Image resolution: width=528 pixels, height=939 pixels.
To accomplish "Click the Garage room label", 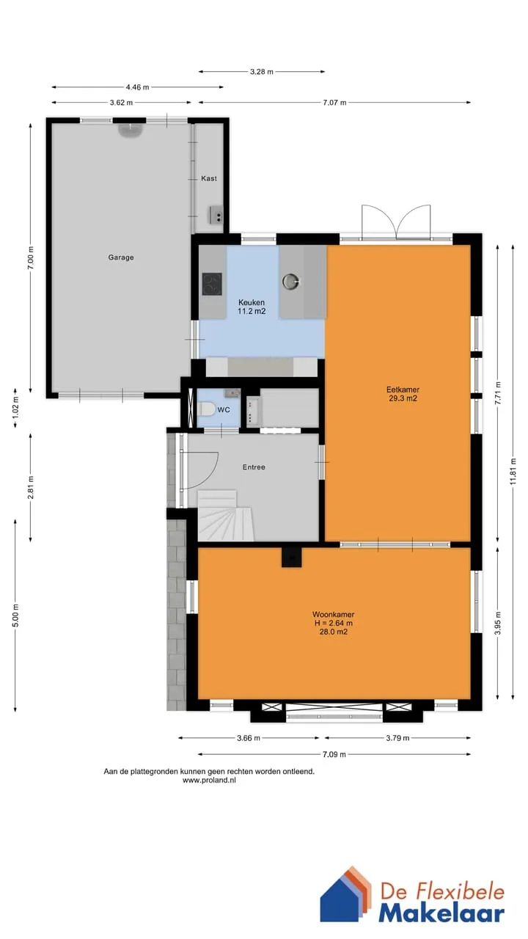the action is [x=121, y=257].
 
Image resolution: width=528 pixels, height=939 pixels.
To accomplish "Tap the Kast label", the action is [x=209, y=178].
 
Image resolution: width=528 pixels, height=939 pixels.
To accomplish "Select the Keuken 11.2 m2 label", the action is [x=252, y=307].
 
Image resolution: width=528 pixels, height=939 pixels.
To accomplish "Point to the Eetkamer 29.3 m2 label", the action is [x=403, y=394].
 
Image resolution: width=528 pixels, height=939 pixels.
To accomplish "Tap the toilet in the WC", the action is [x=207, y=409].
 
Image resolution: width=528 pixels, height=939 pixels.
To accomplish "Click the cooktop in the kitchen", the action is [x=212, y=285].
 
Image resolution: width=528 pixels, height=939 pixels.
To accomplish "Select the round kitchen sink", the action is [x=291, y=282].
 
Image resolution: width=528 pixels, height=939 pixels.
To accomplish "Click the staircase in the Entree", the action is [x=225, y=515].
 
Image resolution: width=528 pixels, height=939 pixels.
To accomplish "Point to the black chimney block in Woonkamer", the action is [x=291, y=558].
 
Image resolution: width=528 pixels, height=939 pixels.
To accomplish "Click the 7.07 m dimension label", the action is [x=334, y=103].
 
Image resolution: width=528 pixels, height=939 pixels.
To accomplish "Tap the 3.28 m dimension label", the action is [x=262, y=72].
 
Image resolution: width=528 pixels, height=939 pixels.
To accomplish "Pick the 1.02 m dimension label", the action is [x=15, y=407].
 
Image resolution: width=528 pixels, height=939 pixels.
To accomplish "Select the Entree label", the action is [x=254, y=467].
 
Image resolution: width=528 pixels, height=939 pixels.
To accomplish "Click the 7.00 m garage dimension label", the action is [x=31, y=258].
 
